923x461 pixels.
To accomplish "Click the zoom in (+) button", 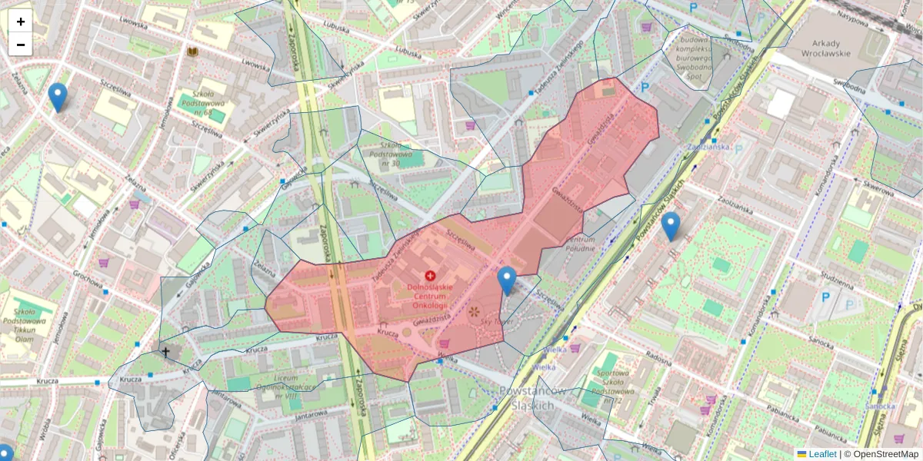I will pyautogui.click(x=21, y=22).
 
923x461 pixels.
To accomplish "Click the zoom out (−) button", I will pyautogui.click(x=21, y=45).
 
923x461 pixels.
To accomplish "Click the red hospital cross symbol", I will pyautogui.click(x=430, y=275).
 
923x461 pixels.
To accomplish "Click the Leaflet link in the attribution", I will pyautogui.click(x=821, y=454).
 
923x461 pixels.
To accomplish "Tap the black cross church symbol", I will pyautogui.click(x=165, y=352).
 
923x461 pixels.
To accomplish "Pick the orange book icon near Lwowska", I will pyautogui.click(x=192, y=51).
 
